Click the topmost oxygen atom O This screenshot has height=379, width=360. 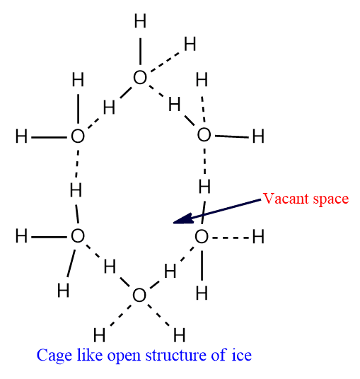[140, 78]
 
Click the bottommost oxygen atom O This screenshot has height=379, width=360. [139, 295]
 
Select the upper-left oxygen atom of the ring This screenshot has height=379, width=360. [78, 136]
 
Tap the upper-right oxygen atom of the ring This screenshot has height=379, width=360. [204, 134]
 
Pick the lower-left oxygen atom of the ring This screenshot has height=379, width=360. [78, 236]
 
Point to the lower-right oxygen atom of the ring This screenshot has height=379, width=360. [202, 237]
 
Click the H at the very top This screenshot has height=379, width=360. [140, 21]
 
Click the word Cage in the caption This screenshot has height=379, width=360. [54, 356]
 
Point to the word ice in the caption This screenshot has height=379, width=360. [241, 355]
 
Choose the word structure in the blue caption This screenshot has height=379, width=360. [176, 355]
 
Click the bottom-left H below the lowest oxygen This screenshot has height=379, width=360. [99, 335]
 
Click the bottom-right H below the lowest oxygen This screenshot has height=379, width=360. [180, 335]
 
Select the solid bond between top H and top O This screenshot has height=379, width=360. [140, 51]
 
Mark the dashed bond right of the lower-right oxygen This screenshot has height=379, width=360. [231, 238]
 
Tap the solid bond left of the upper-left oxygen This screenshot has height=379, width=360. [49, 138]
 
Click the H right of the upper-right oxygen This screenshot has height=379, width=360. [258, 136]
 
